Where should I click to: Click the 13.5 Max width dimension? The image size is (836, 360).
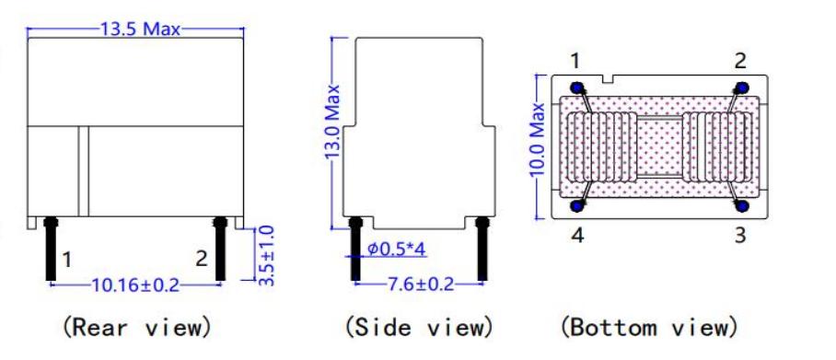[x=141, y=29]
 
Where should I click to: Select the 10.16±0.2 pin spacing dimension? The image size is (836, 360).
[x=135, y=285]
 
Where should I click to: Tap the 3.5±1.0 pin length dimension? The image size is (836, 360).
[x=266, y=255]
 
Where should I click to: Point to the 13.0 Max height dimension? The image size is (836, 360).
[x=332, y=121]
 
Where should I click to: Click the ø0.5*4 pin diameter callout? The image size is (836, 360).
[x=397, y=249]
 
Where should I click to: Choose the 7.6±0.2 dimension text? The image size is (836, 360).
[x=419, y=284]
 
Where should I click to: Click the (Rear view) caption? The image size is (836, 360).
[x=137, y=326]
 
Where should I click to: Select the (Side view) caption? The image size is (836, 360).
[x=419, y=326]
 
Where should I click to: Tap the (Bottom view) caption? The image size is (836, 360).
[x=649, y=326]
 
